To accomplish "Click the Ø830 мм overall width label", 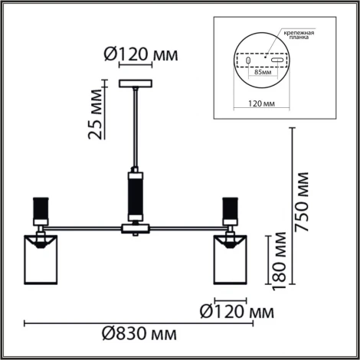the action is pyautogui.click(x=139, y=334).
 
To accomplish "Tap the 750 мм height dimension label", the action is pyautogui.click(x=302, y=202).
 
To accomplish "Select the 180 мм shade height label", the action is pyautogui.click(x=279, y=261).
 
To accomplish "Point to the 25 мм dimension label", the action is pyautogui.click(x=95, y=114).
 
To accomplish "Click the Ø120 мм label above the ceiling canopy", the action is pyautogui.click(x=141, y=54).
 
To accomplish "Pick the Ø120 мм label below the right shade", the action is pyautogui.click(x=237, y=312).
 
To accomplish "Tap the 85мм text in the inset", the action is pyautogui.click(x=263, y=72).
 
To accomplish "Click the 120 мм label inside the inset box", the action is pyautogui.click(x=261, y=103).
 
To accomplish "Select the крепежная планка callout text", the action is pyautogui.click(x=299, y=35).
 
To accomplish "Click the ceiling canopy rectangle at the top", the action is pyautogui.click(x=136, y=83).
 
